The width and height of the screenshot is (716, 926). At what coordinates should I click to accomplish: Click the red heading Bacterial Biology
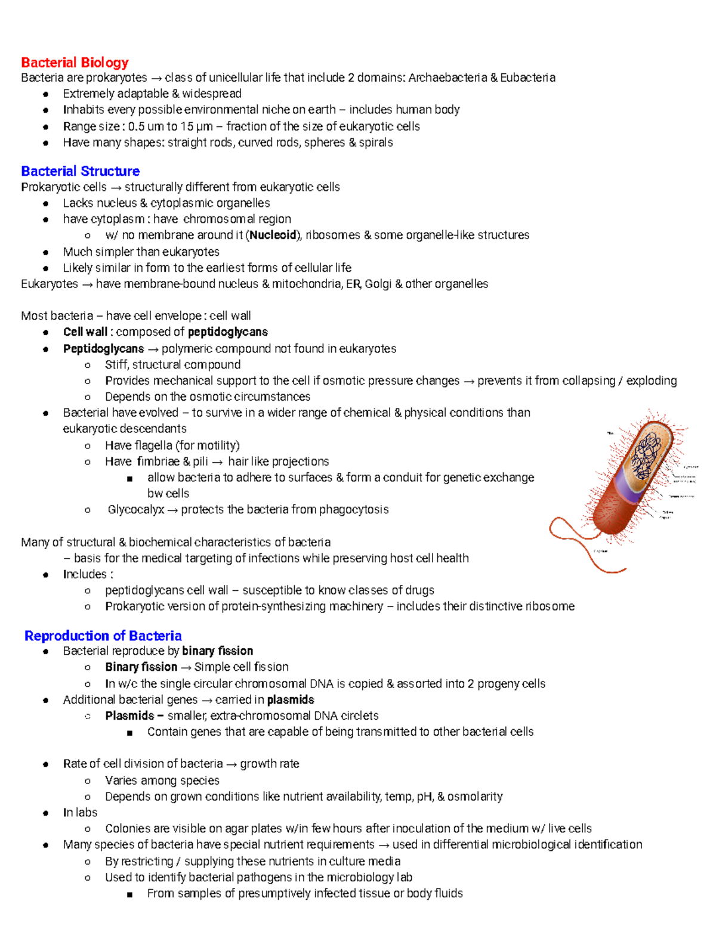point(75,63)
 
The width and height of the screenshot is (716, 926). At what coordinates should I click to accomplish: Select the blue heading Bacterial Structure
point(80,171)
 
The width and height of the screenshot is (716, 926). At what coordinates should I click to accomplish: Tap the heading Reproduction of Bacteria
point(103,636)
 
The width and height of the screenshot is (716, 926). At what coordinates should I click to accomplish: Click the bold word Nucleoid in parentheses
point(273,235)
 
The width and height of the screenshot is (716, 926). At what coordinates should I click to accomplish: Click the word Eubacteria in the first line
point(527,78)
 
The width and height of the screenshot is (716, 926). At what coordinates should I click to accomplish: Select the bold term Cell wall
point(85,332)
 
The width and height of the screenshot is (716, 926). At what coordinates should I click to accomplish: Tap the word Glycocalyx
point(135,510)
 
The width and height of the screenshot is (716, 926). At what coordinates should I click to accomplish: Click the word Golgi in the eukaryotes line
point(378,284)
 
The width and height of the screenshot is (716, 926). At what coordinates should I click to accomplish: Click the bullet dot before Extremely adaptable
point(45,94)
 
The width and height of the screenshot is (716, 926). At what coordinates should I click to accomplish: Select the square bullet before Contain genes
point(129,732)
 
